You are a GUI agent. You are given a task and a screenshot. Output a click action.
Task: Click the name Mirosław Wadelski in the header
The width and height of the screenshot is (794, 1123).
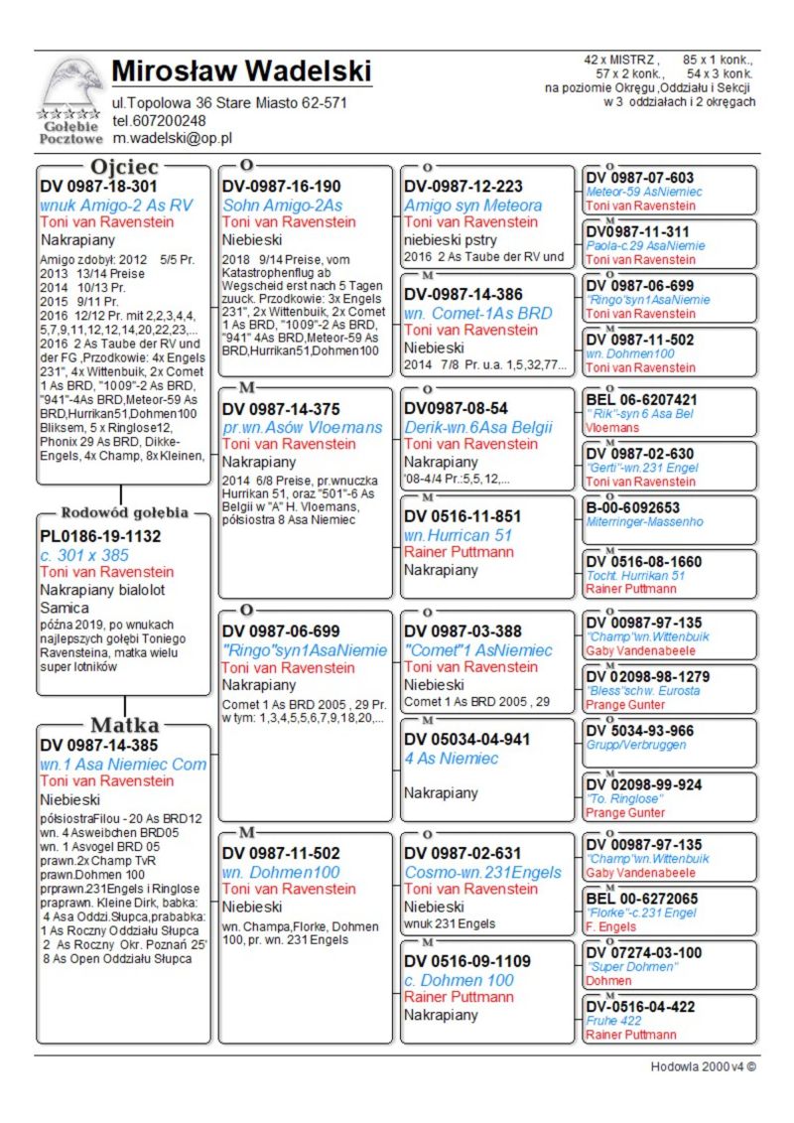[x=241, y=71]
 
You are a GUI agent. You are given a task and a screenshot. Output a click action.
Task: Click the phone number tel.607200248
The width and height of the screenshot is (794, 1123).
[x=159, y=120]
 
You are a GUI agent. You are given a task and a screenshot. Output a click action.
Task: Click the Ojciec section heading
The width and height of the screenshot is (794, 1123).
[x=124, y=167]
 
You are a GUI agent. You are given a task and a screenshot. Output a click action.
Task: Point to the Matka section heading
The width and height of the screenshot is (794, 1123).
[x=125, y=725]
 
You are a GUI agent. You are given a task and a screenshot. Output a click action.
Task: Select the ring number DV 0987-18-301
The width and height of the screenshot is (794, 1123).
[x=98, y=186]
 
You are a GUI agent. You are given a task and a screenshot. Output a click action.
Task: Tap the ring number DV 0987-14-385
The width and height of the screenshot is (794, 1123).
[x=98, y=745]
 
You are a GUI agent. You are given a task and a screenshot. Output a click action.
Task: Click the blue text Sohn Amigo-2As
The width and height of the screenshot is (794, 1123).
[x=282, y=205]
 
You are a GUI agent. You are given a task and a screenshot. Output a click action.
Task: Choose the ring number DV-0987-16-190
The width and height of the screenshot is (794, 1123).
[x=281, y=186]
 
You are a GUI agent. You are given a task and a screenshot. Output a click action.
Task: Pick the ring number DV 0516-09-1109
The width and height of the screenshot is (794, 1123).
[x=467, y=961]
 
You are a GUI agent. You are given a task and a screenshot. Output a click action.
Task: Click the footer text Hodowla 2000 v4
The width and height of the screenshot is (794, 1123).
[x=703, y=1067]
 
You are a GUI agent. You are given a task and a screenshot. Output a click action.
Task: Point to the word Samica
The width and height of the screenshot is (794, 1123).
[x=65, y=607]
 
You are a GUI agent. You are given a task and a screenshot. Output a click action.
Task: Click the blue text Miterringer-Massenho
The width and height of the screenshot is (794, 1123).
[x=644, y=521]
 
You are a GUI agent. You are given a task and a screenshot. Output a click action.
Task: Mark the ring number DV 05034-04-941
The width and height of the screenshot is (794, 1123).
[x=467, y=740]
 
